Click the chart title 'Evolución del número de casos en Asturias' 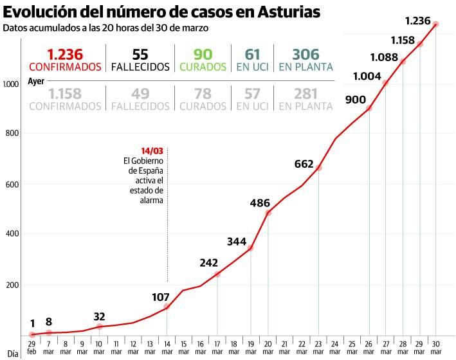tap(161, 12)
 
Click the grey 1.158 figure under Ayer tap(65, 94)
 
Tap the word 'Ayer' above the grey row tap(37, 82)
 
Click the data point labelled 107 tap(167, 307)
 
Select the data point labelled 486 tap(268, 212)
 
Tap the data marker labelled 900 tap(369, 108)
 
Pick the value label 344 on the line tap(237, 242)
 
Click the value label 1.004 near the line tap(367, 76)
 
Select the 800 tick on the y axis tap(12, 134)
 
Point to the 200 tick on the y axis tap(12, 285)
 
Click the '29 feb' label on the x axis tap(32, 348)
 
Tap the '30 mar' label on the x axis tap(436, 348)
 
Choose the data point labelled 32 tap(99, 327)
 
